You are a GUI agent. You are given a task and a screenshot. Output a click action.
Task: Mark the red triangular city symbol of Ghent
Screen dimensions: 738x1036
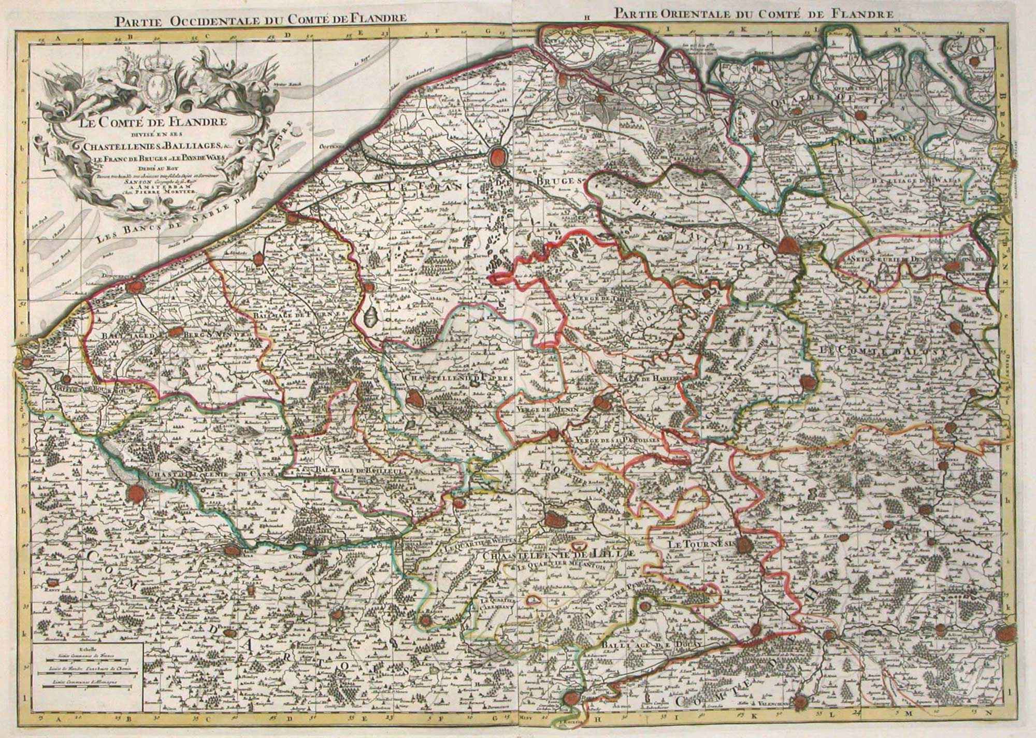(788, 245)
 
